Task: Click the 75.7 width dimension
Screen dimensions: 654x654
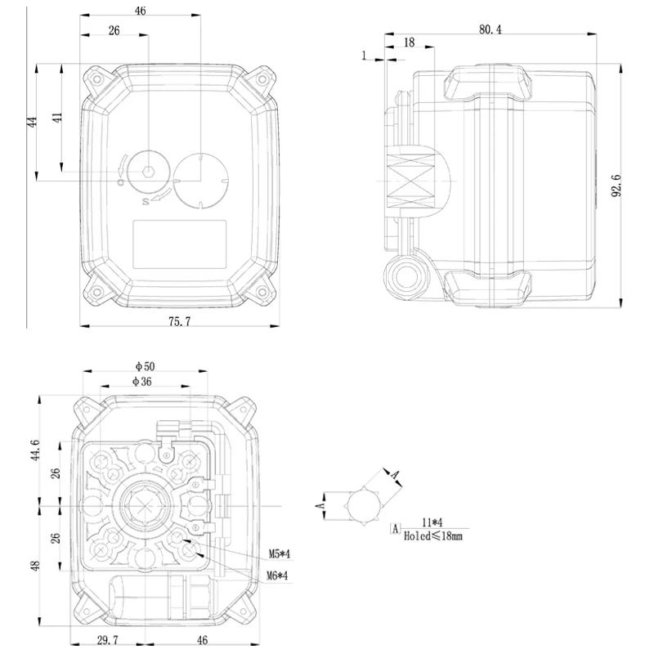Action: (179, 322)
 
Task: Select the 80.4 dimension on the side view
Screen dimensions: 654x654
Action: (490, 29)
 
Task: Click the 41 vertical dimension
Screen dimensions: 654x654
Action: (57, 116)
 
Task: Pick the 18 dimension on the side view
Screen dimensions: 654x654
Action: (410, 43)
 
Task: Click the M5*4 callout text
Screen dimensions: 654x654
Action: (279, 555)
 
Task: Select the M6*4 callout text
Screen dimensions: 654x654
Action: (279, 576)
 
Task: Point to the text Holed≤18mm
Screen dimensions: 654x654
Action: (432, 536)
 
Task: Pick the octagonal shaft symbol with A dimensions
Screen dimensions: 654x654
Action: (364, 504)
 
